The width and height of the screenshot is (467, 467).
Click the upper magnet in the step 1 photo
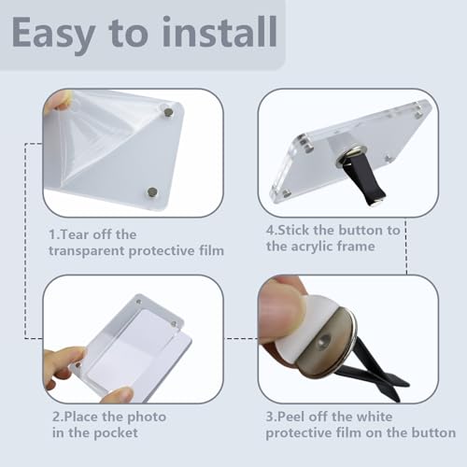click(168, 113)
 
